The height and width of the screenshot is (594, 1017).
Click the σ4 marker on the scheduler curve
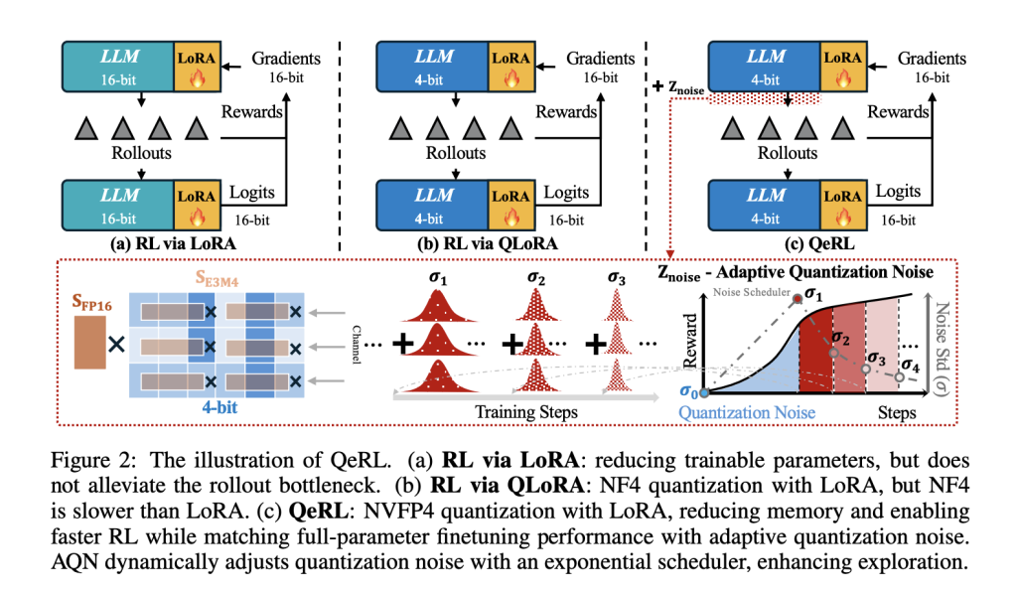pyautogui.click(x=899, y=376)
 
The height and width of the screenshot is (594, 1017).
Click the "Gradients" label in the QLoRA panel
pyautogui.click(x=602, y=59)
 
